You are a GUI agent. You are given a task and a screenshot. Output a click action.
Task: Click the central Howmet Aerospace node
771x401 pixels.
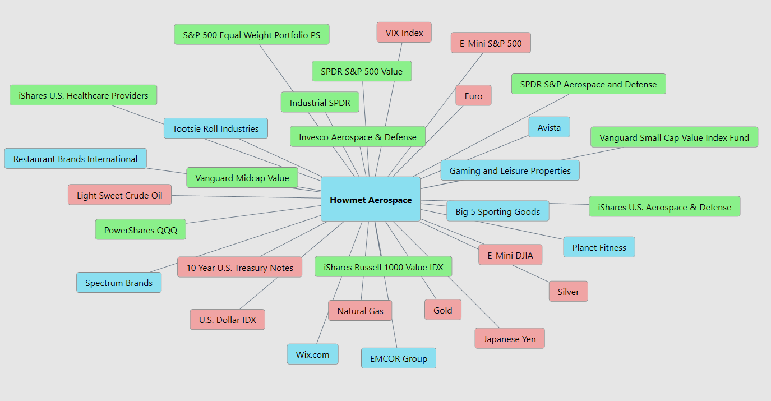[x=370, y=200]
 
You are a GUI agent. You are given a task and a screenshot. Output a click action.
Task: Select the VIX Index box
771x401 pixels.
[x=404, y=33]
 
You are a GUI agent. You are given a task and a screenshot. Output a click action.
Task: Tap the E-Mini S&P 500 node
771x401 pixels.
[x=491, y=43]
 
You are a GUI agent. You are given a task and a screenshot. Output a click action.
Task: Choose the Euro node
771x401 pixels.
[x=473, y=96]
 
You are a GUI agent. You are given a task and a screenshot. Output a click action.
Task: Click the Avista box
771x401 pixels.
[x=549, y=127]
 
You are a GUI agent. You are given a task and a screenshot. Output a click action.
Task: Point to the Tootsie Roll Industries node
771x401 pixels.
[x=215, y=128]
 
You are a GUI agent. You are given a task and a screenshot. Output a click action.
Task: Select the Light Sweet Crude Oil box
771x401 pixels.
[x=119, y=195]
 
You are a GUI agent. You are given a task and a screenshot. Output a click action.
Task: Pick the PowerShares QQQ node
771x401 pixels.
[x=140, y=230]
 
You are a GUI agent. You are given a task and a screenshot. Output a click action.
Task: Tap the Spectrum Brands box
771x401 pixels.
[x=119, y=283]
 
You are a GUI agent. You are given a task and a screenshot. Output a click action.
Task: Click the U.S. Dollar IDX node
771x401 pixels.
[x=227, y=320]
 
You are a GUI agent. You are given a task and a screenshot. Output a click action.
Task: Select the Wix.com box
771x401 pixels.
[x=312, y=354]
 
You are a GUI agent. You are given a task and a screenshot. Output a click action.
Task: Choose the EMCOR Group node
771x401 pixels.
[x=399, y=358]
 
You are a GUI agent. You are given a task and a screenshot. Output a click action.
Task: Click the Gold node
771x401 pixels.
[x=442, y=310]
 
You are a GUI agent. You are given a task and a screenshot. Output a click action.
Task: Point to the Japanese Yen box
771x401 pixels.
[x=510, y=339]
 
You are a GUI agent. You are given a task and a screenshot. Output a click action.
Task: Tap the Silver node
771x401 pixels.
[x=568, y=292]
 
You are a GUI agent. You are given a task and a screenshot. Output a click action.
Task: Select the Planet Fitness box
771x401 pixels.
[x=599, y=247]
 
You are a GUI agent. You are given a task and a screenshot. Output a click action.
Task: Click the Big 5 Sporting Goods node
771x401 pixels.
[x=497, y=211]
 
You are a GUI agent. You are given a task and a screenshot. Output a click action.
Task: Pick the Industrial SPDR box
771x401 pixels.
[x=320, y=103]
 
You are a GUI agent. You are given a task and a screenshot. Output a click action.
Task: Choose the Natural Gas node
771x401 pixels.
[x=360, y=311]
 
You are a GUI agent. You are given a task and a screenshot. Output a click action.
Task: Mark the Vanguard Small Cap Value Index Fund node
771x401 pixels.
[x=674, y=137]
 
